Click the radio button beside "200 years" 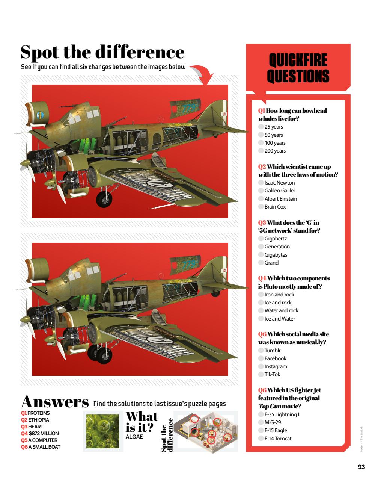point(261,151)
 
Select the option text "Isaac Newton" point(279,183)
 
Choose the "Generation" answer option point(277,247)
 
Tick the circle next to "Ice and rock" point(261,303)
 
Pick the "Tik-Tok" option point(272,374)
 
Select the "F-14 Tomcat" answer point(278,439)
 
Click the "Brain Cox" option point(275,207)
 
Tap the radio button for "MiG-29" point(261,422)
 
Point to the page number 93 point(361,467)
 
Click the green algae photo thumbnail point(103,431)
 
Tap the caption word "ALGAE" point(134,437)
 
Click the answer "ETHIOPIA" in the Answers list point(39,420)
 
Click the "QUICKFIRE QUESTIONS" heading point(298,68)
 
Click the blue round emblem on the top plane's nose point(41,115)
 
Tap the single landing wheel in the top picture point(104,199)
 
